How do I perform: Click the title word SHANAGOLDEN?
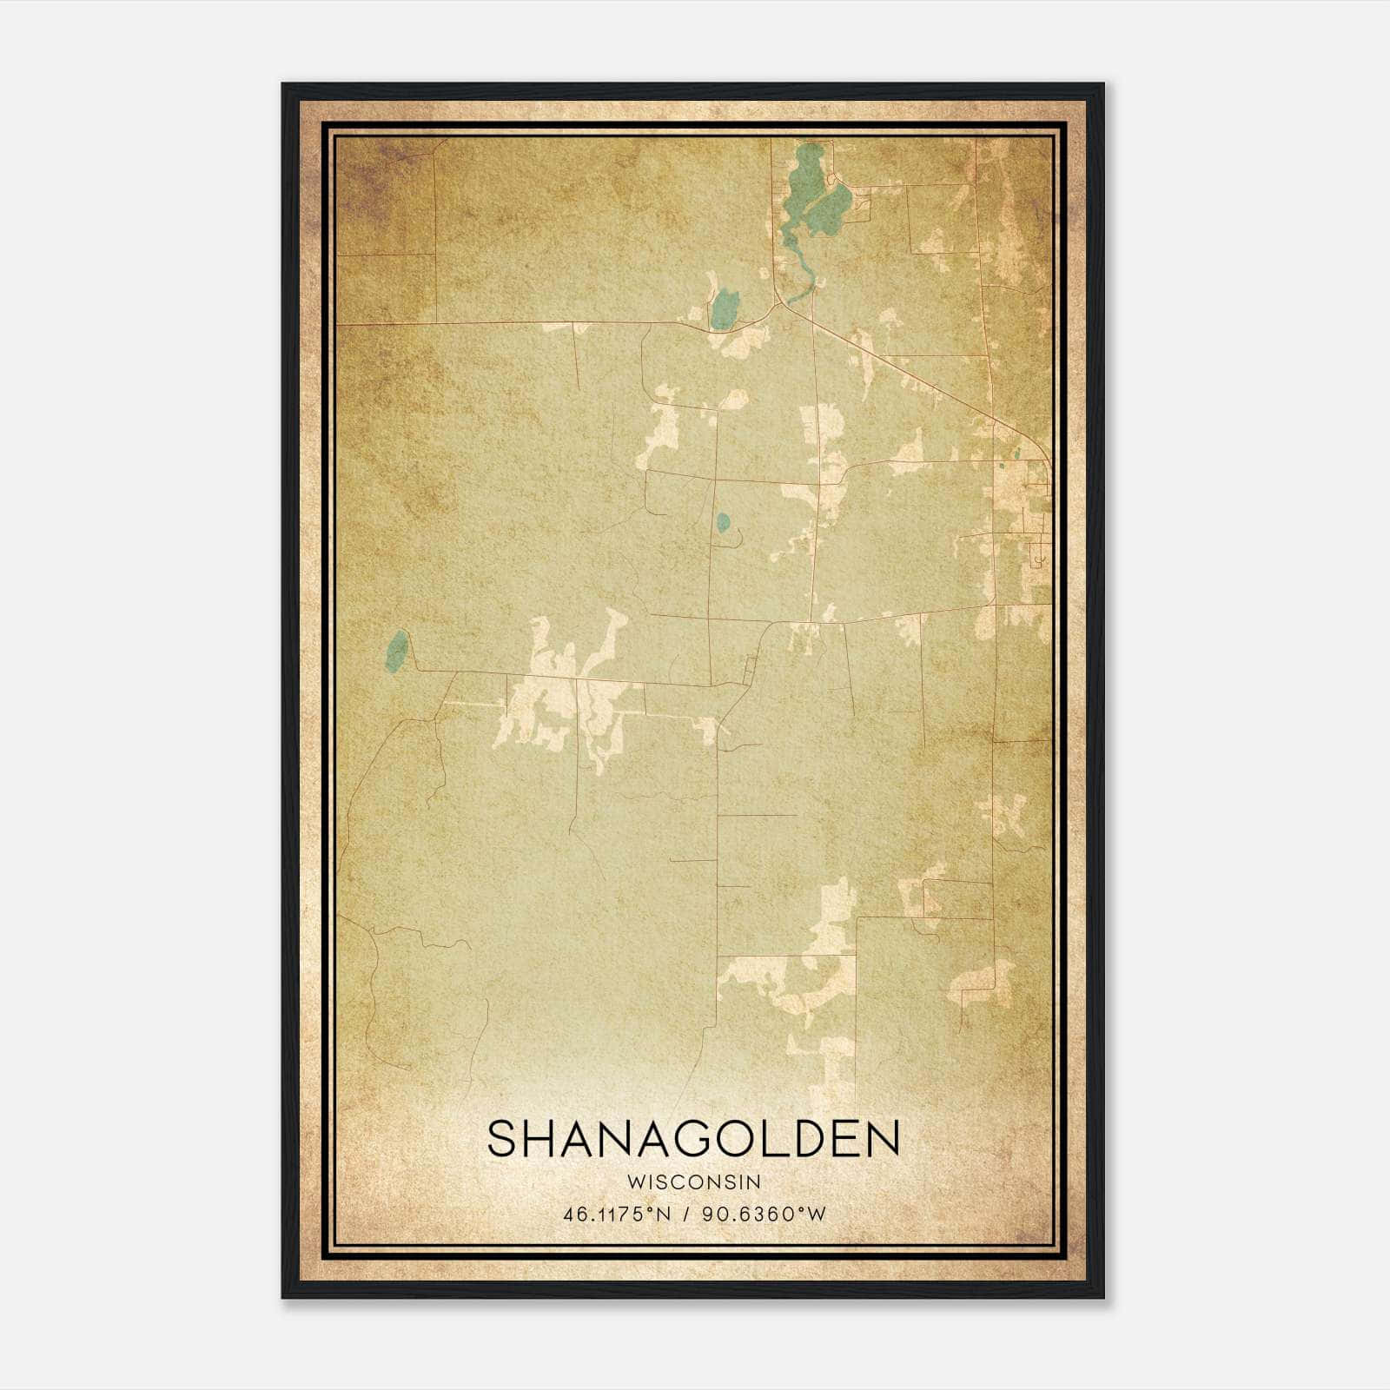pos(693,1139)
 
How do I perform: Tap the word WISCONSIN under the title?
pos(693,1181)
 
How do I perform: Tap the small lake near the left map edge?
pos(396,651)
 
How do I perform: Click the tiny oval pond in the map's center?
pos(723,522)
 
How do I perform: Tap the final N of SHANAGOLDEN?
pos(884,1139)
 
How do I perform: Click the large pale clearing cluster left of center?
pos(565,695)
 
